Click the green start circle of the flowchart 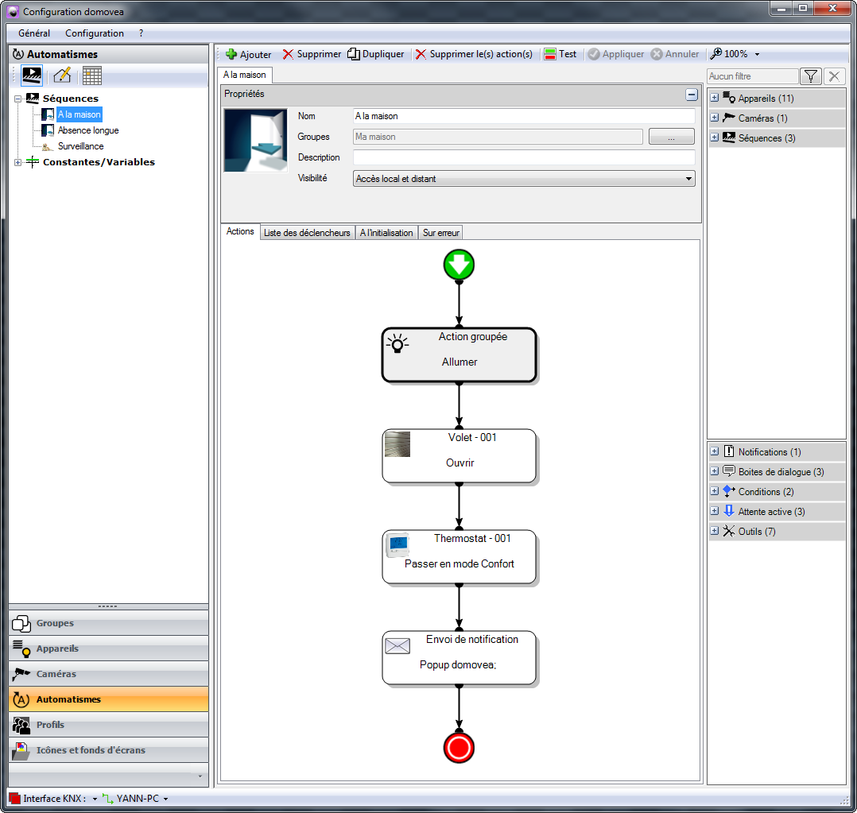pyautogui.click(x=459, y=265)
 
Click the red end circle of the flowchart pyautogui.click(x=459, y=747)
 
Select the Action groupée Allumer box pyautogui.click(x=460, y=354)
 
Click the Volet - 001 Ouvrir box pyautogui.click(x=460, y=455)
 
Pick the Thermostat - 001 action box pyautogui.click(x=460, y=557)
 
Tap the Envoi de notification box pyautogui.click(x=460, y=658)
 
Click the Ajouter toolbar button pyautogui.click(x=249, y=54)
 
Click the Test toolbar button pyautogui.click(x=560, y=54)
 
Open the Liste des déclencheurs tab pyautogui.click(x=307, y=233)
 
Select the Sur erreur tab pyautogui.click(x=441, y=233)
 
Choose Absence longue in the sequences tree pyautogui.click(x=88, y=130)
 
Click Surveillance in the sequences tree pyautogui.click(x=81, y=146)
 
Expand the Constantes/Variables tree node pyautogui.click(x=18, y=162)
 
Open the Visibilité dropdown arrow pyautogui.click(x=688, y=179)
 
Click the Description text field pyautogui.click(x=524, y=157)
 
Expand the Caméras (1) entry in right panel pyautogui.click(x=715, y=118)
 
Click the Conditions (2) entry pyautogui.click(x=766, y=492)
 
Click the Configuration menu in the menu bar pyautogui.click(x=95, y=33)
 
